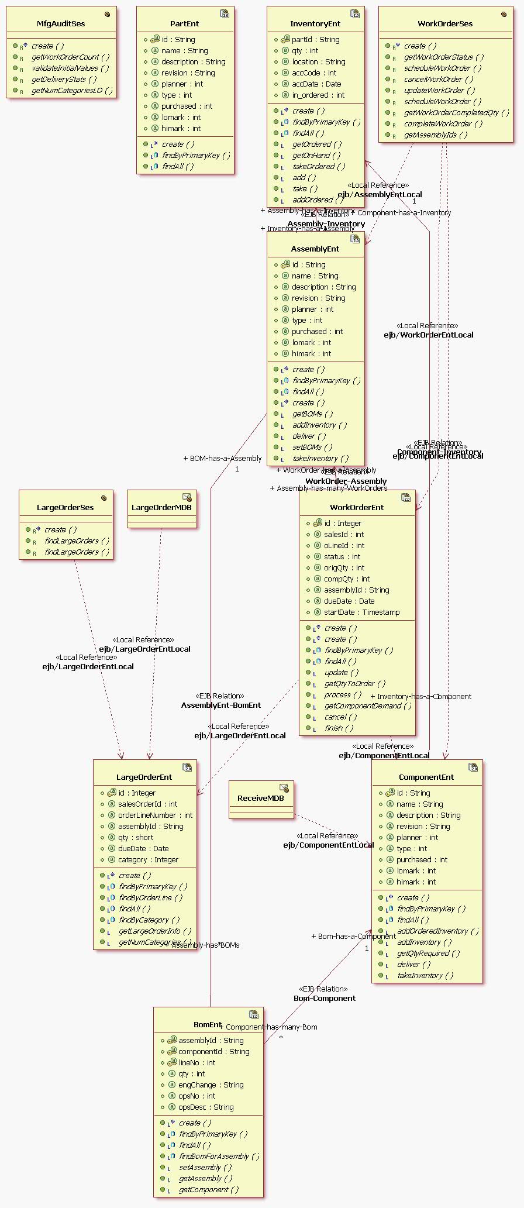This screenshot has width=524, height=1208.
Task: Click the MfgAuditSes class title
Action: tap(61, 24)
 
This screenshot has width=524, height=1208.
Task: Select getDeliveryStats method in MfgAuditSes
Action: tap(64, 80)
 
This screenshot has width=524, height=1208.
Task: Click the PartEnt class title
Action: tap(184, 24)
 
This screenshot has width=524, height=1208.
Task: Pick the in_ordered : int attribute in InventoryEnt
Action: tap(318, 95)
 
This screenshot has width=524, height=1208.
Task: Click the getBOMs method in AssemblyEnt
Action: tap(313, 414)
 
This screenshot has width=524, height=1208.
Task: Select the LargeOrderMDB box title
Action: tap(161, 508)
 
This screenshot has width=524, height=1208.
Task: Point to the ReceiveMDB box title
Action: tap(260, 798)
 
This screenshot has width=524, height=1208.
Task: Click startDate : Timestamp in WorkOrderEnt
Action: tap(361, 612)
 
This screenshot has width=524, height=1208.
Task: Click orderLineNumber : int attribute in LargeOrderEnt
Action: tap(155, 815)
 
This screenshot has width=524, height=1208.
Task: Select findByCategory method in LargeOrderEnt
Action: tap(149, 920)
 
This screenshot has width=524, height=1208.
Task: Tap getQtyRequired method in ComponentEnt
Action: tap(428, 954)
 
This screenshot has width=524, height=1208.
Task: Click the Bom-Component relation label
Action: tap(325, 999)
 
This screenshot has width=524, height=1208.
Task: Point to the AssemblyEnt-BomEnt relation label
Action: tap(221, 705)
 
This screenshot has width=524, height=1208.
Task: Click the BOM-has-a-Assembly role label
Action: tap(222, 459)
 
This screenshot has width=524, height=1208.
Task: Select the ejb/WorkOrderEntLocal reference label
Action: tap(429, 335)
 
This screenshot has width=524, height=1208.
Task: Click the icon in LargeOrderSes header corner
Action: tap(104, 498)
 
